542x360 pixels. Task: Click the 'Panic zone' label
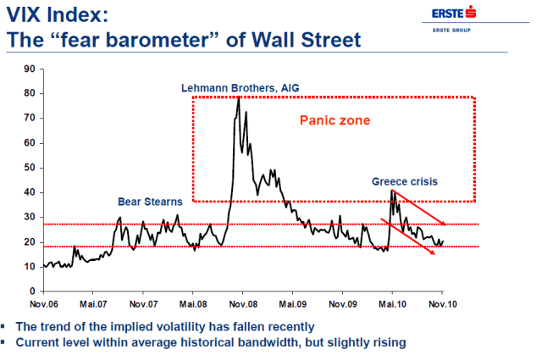335,120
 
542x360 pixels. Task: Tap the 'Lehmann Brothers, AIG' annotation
241,87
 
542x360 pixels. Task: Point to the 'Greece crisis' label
405,181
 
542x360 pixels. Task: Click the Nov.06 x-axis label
43,303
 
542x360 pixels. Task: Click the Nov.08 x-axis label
243,303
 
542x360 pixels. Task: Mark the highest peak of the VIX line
239,97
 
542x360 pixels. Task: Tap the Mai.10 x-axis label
392,303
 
